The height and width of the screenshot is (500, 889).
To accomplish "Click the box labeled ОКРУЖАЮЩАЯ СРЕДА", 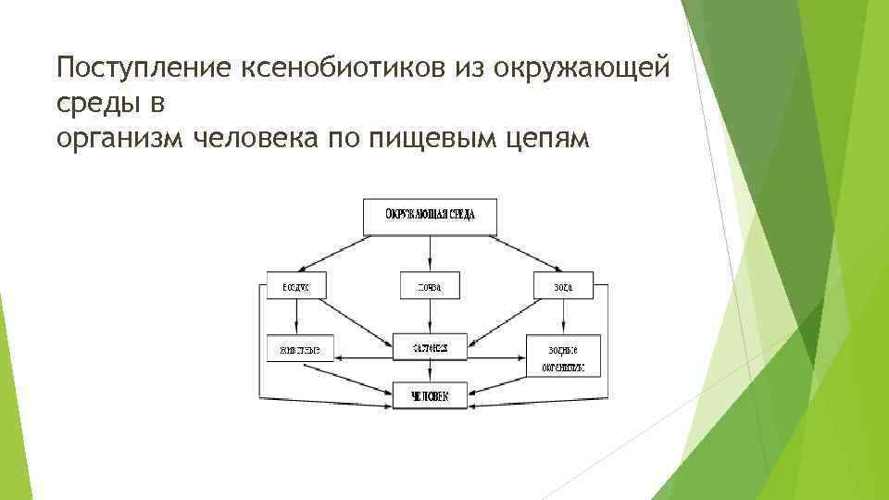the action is [431, 216].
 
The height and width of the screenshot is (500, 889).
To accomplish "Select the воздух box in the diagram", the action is [295, 287].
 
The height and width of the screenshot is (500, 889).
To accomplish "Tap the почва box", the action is [430, 287].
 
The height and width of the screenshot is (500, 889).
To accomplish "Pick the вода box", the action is [563, 287].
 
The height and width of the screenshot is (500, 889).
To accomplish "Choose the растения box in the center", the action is [430, 349].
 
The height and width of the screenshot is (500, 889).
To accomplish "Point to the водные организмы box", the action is [563, 356].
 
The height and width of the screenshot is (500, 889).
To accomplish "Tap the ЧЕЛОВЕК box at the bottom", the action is [430, 397].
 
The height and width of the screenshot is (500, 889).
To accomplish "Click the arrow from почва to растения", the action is [430, 317].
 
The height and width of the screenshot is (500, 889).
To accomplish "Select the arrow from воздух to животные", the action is [295, 317].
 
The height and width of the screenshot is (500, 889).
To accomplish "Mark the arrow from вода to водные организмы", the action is [563, 317].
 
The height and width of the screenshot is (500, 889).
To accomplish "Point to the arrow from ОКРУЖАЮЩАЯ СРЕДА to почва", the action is [430, 252].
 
